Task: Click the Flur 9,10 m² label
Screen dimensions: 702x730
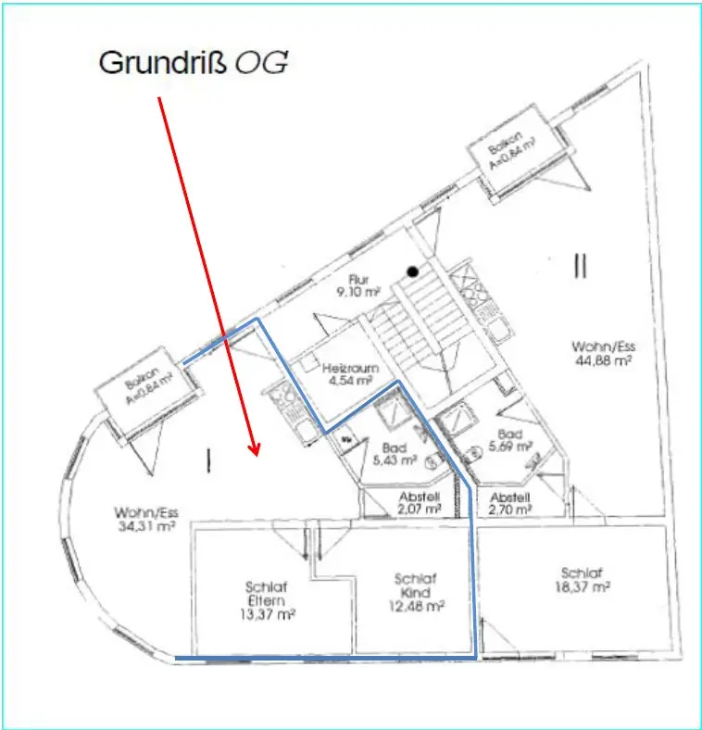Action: pyautogui.click(x=359, y=284)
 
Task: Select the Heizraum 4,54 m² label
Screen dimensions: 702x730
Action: pyautogui.click(x=347, y=373)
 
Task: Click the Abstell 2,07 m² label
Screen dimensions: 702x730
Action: pyautogui.click(x=418, y=502)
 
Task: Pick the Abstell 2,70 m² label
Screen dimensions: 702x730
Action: pyautogui.click(x=510, y=502)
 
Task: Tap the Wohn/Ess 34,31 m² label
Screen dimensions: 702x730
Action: pyautogui.click(x=145, y=520)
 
